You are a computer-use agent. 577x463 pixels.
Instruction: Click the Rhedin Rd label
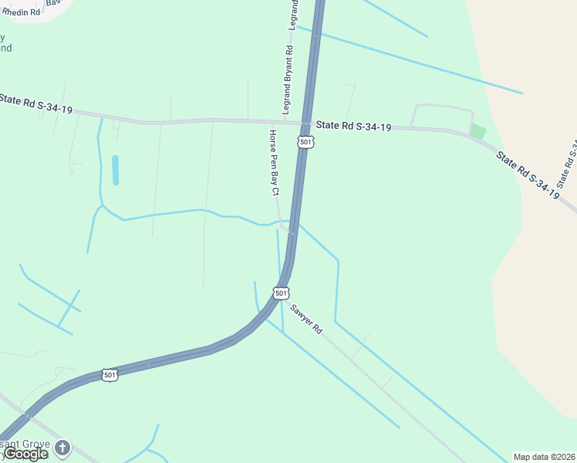21,12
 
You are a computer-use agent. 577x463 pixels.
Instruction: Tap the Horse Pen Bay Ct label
273,163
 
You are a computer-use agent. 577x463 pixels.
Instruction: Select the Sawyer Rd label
306,317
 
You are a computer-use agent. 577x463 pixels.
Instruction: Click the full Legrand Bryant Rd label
288,80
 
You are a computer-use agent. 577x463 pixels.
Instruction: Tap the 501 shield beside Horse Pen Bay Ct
305,142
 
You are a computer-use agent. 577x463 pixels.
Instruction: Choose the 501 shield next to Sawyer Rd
281,293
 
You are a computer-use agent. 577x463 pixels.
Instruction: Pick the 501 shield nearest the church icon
110,375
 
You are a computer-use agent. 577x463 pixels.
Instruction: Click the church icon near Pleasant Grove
62,447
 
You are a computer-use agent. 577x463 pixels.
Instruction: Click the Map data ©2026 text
545,457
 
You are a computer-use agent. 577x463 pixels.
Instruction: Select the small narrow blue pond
116,170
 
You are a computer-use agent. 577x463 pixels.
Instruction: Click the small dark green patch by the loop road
478,131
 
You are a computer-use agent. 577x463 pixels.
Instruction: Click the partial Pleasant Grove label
23,445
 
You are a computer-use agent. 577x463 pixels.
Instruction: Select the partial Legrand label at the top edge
293,15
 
